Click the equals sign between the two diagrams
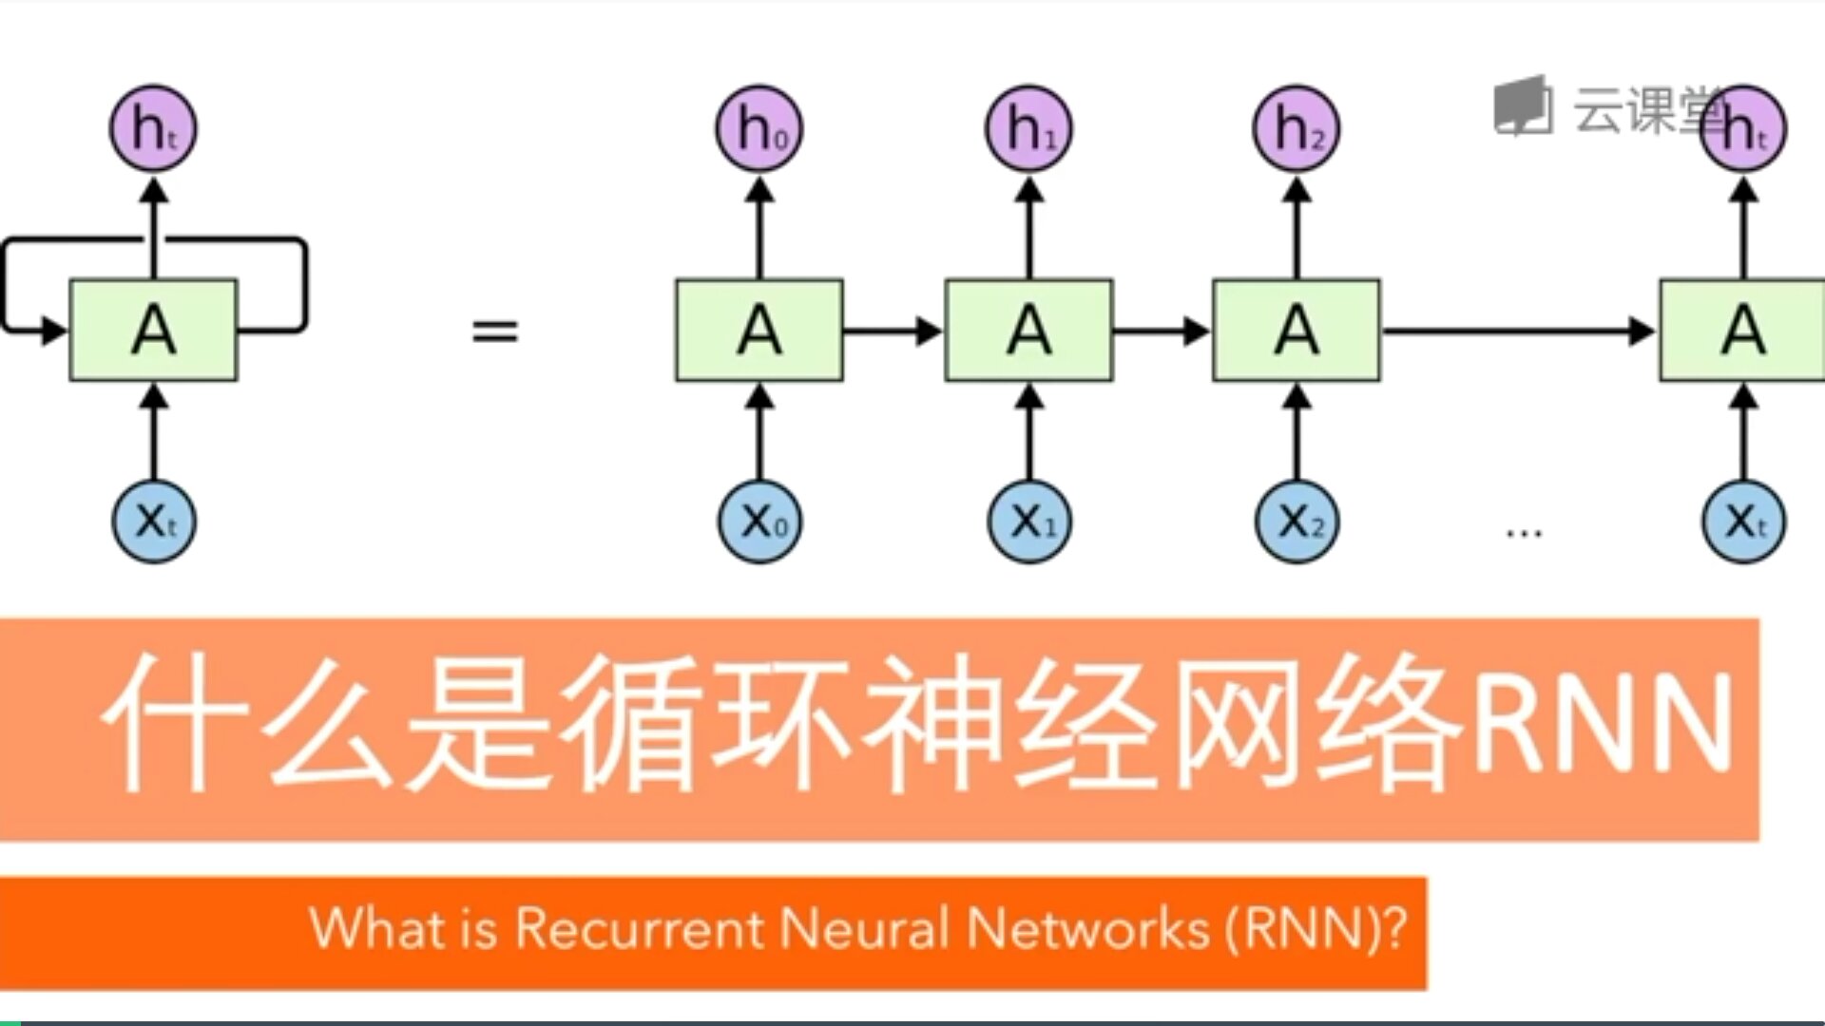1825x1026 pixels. [495, 332]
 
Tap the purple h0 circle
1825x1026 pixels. [759, 129]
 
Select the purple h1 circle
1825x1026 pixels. [1028, 129]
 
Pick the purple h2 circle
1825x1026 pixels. [1297, 129]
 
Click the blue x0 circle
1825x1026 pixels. [759, 522]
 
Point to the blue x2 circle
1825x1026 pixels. [1297, 522]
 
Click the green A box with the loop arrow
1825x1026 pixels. [153, 331]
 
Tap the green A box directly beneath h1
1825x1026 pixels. [1028, 331]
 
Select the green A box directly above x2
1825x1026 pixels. [1297, 331]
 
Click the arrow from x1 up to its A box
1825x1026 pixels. [1028, 432]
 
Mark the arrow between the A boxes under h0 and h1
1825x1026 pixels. [892, 332]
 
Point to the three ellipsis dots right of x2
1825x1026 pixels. [1524, 533]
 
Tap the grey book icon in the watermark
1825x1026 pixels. [1523, 106]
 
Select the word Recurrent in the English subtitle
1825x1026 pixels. [638, 928]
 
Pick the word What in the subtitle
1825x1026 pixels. [375, 928]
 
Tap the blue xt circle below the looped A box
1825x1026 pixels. [154, 522]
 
